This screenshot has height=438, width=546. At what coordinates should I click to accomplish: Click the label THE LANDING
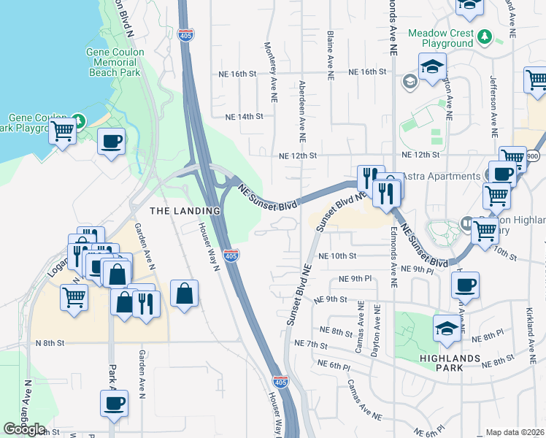point(185,211)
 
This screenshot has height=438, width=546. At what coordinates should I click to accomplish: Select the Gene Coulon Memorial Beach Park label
point(115,62)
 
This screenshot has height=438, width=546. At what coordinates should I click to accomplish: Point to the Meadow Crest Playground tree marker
point(484,35)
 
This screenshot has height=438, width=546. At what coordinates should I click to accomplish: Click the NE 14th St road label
point(243,117)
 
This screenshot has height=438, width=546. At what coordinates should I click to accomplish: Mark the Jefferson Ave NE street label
point(493,106)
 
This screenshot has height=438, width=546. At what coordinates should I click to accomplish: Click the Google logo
point(24,429)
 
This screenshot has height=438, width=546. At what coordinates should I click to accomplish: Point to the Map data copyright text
point(515,432)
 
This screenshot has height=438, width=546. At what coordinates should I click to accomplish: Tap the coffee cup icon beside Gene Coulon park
point(111,141)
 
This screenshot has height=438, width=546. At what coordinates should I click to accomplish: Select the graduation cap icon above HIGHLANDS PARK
point(447,328)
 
